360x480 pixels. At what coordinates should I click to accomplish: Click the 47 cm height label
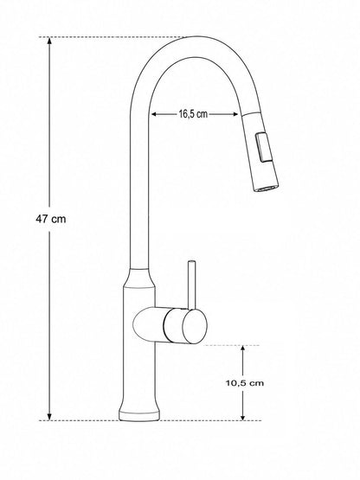50,219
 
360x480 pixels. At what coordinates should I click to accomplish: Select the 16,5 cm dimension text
193,114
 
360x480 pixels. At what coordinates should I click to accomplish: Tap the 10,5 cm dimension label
245,383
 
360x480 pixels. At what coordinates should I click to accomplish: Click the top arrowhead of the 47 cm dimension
49,41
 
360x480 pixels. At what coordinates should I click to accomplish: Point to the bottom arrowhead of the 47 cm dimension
49,416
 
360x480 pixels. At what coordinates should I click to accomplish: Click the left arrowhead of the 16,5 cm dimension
155,114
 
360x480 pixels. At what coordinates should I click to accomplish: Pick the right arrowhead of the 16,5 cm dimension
235,114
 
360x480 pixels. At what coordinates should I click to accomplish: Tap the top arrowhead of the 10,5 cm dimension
243,349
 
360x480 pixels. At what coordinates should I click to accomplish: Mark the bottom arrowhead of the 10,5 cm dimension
243,416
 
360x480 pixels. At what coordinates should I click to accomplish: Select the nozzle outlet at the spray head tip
266,188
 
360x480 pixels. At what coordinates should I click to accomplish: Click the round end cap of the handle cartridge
195,326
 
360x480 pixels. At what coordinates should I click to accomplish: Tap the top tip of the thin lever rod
192,262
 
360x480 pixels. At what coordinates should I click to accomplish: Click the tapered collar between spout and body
139,278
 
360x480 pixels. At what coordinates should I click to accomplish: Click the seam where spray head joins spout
251,113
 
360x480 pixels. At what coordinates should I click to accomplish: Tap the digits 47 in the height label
42,219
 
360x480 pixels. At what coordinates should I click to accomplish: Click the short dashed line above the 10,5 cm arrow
232,345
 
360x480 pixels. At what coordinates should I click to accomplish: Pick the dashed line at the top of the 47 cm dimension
112,37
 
